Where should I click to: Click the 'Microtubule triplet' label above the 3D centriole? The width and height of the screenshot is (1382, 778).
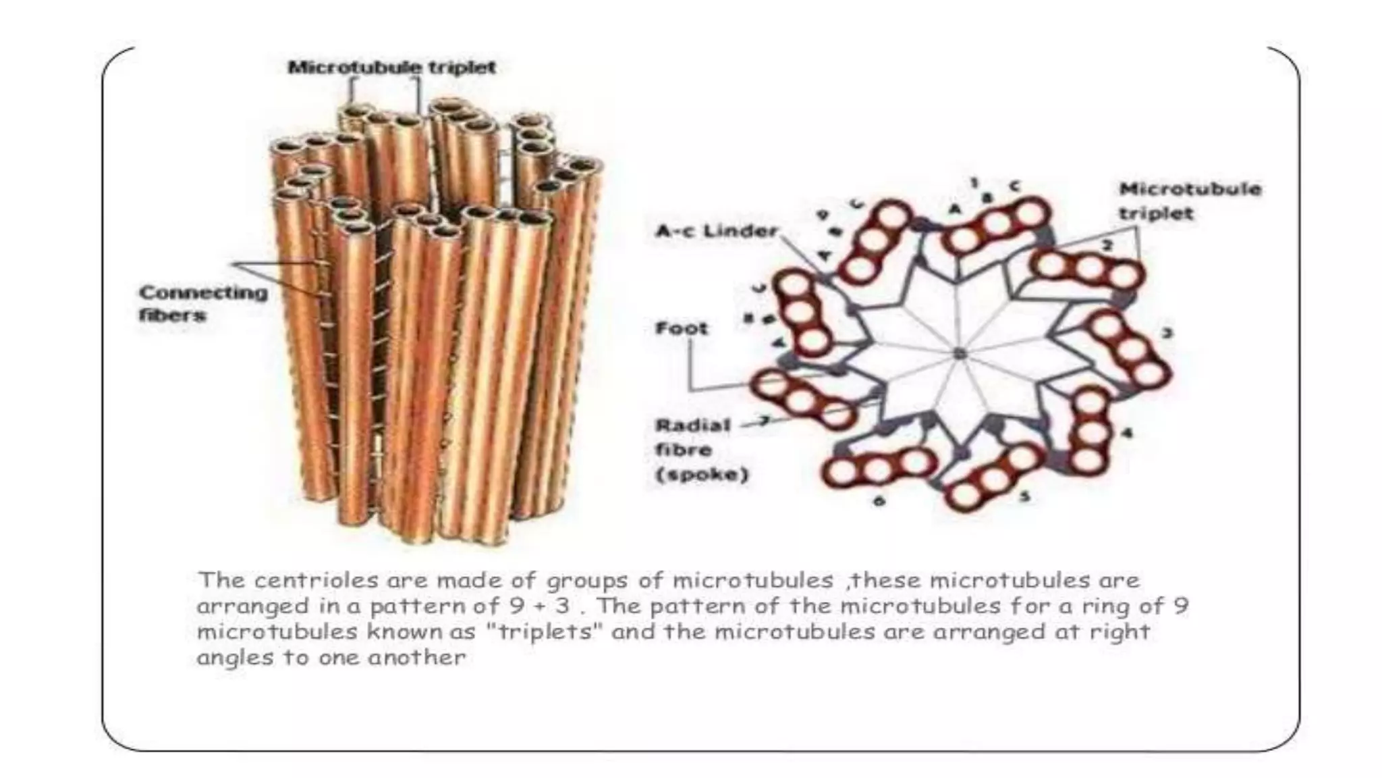coord(392,68)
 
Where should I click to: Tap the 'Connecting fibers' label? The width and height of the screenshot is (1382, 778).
coord(202,303)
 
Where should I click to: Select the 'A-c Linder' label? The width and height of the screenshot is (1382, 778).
coord(717,232)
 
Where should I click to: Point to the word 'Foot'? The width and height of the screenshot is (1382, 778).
coord(682,329)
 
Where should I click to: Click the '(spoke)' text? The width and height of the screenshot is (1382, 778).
coord(702,475)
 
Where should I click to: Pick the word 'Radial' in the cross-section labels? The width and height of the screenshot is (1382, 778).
coord(684,426)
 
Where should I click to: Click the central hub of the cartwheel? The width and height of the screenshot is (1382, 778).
coord(960,353)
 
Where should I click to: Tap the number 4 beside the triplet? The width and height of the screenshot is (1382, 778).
coord(1126,432)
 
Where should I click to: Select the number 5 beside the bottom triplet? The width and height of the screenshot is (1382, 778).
coord(1024,497)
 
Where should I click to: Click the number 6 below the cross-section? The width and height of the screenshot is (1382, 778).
coord(879,501)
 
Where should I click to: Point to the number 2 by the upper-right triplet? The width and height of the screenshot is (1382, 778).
coord(1107,246)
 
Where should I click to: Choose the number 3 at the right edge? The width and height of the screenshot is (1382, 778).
coord(1167,333)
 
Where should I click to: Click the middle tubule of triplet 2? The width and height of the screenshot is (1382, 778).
coord(1088,269)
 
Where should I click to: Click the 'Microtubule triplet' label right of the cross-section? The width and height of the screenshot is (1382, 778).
coord(1190,201)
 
